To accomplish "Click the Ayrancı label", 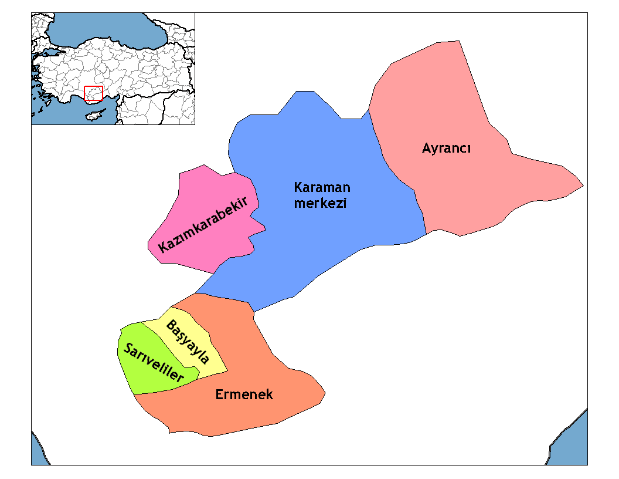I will click(x=446, y=149).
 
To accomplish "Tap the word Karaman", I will click(x=322, y=188).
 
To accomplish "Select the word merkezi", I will click(x=321, y=204).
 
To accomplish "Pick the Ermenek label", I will click(x=244, y=394).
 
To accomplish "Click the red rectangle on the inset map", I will click(x=94, y=94).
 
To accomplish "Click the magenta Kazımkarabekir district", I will click(x=193, y=194).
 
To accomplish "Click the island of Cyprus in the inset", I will click(x=94, y=114).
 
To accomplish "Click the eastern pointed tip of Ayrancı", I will click(x=582, y=186).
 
